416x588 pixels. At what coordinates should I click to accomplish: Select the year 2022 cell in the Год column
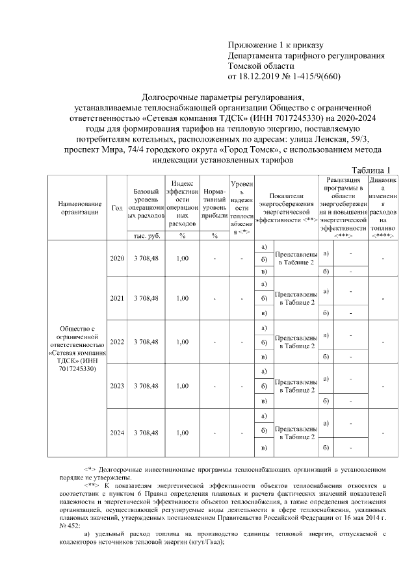click(117, 342)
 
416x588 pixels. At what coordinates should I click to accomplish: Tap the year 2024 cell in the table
click(117, 432)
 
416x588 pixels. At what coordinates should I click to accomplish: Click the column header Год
click(117, 207)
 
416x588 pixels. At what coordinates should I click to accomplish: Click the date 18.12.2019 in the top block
click(263, 77)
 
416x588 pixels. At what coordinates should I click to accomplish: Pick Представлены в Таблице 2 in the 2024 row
click(296, 433)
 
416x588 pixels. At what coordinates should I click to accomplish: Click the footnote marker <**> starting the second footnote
click(92, 485)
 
